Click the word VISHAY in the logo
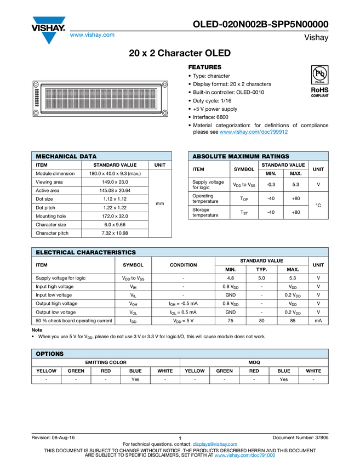pyautogui.click(x=48, y=25)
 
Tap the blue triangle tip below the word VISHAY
pyautogui.click(x=49, y=40)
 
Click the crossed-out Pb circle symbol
pyautogui.click(x=320, y=73)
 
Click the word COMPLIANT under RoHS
pyautogui.click(x=320, y=95)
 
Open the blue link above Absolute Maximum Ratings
pyautogui.click(x=254, y=132)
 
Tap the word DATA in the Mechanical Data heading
pyautogui.click(x=88, y=157)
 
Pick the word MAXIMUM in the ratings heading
pyautogui.click(x=244, y=157)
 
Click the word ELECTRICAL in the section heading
pyautogui.click(x=55, y=253)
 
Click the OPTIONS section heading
pyautogui.click(x=49, y=354)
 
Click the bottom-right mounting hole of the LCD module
pyautogui.click(x=164, y=113)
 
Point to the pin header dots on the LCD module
pyautogui.click(x=37, y=99)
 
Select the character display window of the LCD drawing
pyautogui.click(x=100, y=99)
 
